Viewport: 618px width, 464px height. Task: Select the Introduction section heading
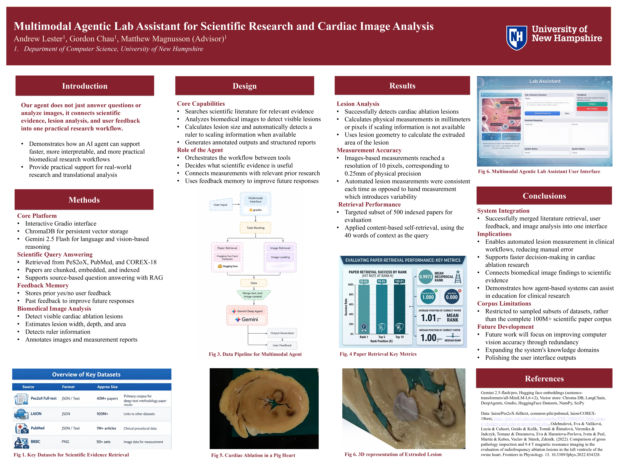click(x=85, y=86)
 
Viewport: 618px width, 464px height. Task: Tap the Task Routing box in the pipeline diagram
click(x=255, y=228)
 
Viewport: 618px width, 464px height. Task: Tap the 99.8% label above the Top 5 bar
click(x=382, y=281)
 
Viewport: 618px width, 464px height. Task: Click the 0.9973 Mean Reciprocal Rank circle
click(x=425, y=277)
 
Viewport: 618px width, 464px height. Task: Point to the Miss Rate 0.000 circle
click(x=452, y=297)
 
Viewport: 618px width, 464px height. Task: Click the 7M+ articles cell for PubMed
click(x=106, y=428)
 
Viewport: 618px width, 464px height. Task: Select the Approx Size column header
click(x=107, y=387)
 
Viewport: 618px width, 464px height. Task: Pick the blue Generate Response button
click(x=542, y=113)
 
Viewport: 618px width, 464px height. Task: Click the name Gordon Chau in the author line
click(x=92, y=39)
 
